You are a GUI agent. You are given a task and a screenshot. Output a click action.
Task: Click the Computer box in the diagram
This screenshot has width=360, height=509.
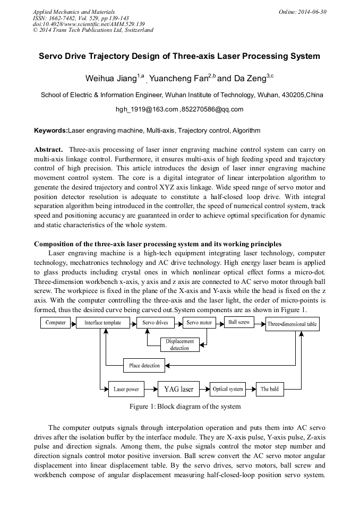coord(56,323)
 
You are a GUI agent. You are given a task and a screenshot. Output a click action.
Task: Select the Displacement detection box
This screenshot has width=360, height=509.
coord(180,344)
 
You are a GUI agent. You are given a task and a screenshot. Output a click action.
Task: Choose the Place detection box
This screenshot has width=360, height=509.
coord(144,366)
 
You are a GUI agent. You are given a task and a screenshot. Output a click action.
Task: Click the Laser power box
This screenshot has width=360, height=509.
coord(126,389)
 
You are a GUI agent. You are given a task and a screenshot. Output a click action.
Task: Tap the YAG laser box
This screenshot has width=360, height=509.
coord(179,389)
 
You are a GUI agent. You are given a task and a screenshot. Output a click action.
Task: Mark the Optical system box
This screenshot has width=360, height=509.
coord(228,389)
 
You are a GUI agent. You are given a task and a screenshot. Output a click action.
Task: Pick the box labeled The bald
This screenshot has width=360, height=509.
coord(270,389)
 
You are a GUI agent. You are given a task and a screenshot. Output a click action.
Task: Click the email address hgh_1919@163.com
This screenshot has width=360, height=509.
coord(147,109)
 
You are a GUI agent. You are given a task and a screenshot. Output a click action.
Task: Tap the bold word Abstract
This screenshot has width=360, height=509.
coord(49,150)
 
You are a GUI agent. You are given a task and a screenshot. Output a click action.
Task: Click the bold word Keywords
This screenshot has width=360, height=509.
coord(51,130)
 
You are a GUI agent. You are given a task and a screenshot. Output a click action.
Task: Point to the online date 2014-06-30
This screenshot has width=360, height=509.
coord(312,11)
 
